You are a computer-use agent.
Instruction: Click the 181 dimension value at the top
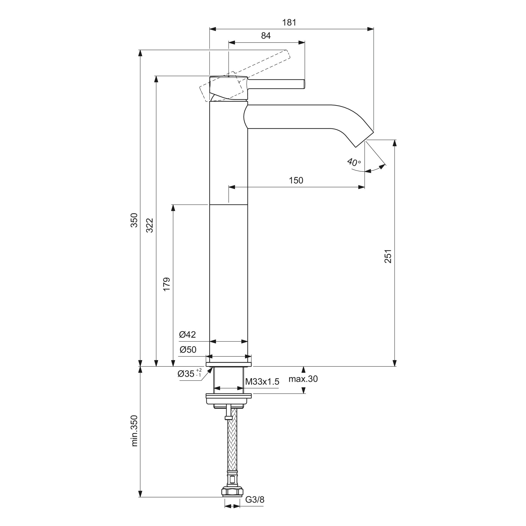pos(289,22)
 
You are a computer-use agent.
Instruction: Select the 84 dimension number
pos(266,36)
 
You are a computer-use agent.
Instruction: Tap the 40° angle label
pos(354,162)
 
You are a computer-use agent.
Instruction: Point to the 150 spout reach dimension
pos(296,180)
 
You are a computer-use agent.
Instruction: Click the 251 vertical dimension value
pos(388,256)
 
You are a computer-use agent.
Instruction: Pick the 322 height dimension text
pos(150,225)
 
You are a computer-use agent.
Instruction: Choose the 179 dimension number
pos(166,284)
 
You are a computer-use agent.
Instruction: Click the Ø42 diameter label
pos(188,335)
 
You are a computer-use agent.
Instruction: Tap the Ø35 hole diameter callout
pos(190,373)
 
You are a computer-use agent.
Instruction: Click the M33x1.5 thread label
pos(262,382)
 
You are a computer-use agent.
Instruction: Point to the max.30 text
pos(303,379)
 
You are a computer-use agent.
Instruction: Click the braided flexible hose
pos(232,449)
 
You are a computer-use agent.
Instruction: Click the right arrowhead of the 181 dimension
pos(370,29)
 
